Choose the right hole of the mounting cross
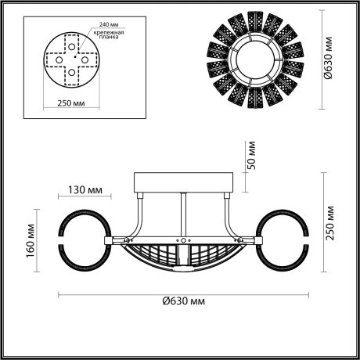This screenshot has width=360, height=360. (x=88, y=57)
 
